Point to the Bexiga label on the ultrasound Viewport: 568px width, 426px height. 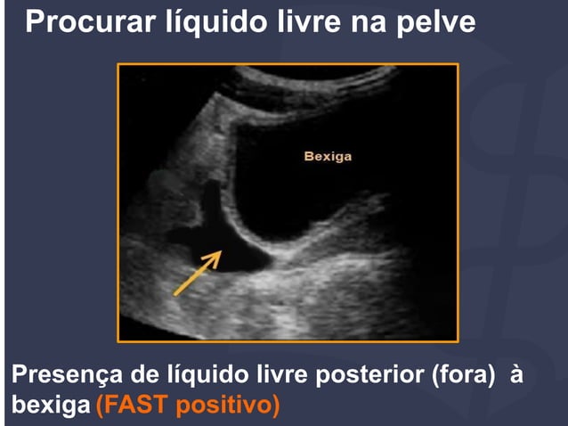click(x=328, y=157)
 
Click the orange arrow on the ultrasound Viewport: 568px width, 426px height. click(x=196, y=273)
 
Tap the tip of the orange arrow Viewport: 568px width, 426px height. click(x=219, y=253)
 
